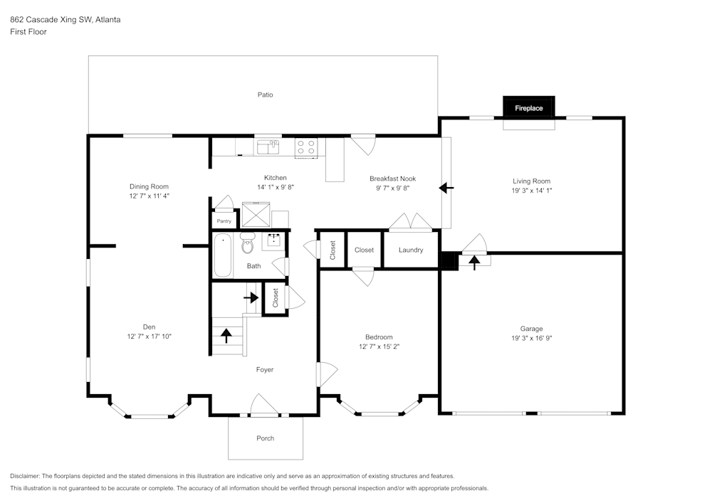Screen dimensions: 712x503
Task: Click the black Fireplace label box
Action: click(x=528, y=107)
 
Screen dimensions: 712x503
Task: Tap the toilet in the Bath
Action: click(x=248, y=243)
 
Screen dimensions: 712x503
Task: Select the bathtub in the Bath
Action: click(x=222, y=255)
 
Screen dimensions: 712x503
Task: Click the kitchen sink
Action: click(x=268, y=147)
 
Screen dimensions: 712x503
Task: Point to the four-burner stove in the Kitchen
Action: click(x=306, y=147)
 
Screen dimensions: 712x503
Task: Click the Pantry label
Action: click(x=224, y=221)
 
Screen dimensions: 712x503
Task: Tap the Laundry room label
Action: click(x=411, y=250)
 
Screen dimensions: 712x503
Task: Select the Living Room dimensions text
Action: click(x=532, y=191)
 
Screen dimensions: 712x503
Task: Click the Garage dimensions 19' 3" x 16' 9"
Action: click(x=532, y=338)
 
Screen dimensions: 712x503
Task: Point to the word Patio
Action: click(x=265, y=95)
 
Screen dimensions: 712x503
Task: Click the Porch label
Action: click(x=265, y=438)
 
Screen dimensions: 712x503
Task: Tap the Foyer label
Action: click(x=265, y=370)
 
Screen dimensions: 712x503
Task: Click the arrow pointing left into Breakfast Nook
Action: click(x=446, y=187)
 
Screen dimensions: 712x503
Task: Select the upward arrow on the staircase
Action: click(x=226, y=336)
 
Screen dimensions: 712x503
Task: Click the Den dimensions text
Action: click(x=150, y=337)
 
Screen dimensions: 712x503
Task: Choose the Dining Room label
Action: click(x=149, y=186)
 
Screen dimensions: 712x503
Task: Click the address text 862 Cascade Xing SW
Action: click(x=51, y=19)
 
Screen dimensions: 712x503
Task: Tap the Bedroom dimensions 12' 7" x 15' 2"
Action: click(x=379, y=346)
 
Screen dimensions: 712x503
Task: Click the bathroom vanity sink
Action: click(x=274, y=240)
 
